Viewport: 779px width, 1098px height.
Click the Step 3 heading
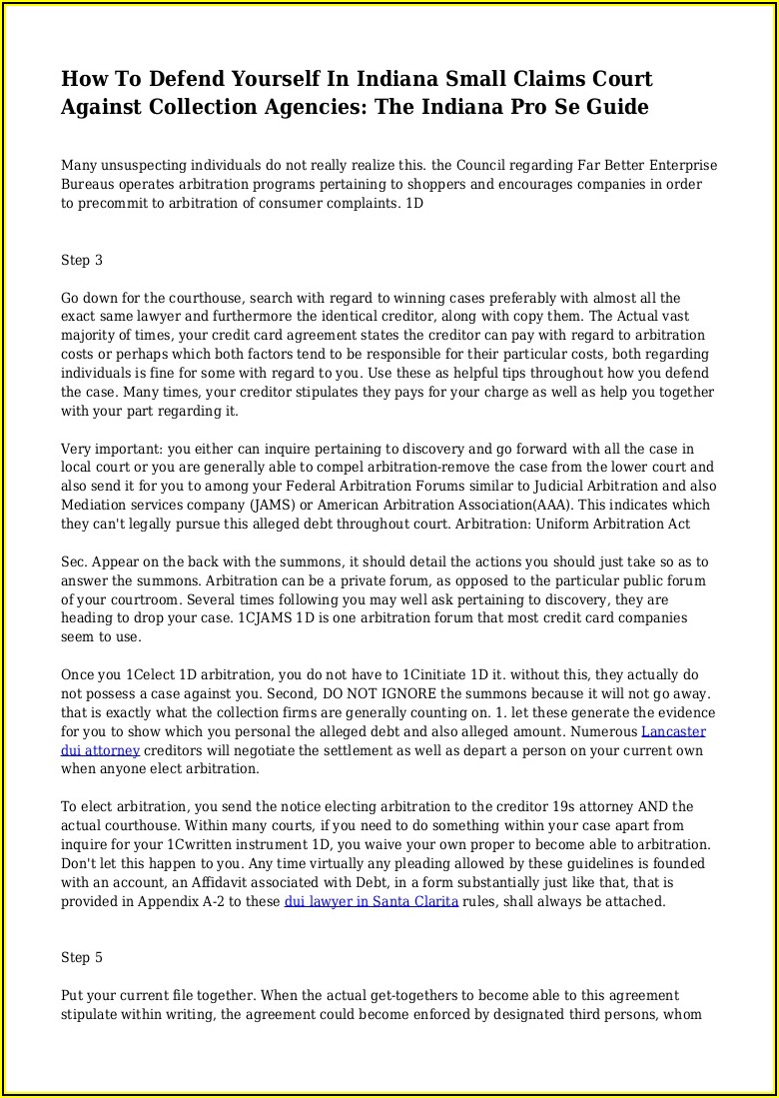tap(82, 261)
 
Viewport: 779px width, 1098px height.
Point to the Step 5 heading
tap(82, 958)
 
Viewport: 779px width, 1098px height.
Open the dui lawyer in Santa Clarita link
tap(372, 901)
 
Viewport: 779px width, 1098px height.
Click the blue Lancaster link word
tap(673, 731)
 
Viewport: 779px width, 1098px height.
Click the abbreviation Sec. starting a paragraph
tap(75, 562)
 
